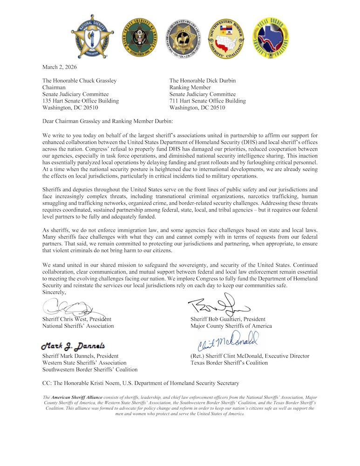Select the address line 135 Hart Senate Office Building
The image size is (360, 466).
pyautogui.click(x=80, y=101)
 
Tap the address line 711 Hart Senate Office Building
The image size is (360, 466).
pyautogui.click(x=207, y=101)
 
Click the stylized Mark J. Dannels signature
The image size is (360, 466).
pyautogui.click(x=73, y=346)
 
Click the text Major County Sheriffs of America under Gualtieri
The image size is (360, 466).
pyautogui.click(x=231, y=326)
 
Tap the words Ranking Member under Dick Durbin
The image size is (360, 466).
pyautogui.click(x=190, y=87)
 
